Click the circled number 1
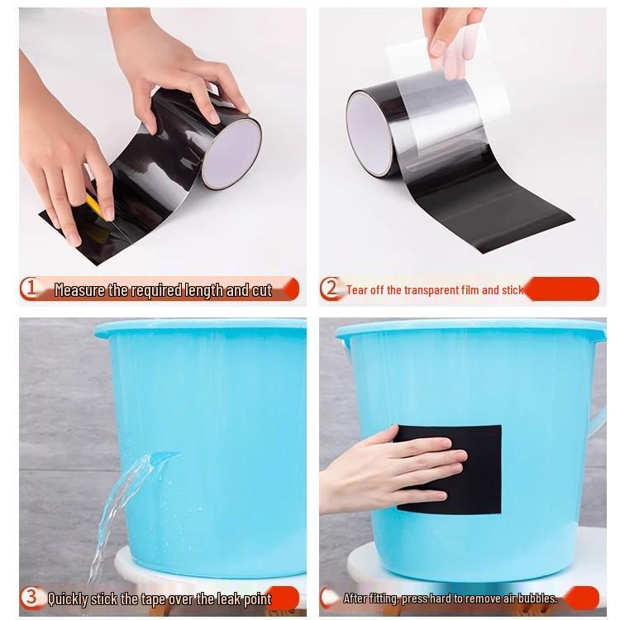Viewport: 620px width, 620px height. [x=30, y=289]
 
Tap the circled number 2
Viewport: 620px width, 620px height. [x=330, y=289]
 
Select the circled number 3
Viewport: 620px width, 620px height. [x=30, y=597]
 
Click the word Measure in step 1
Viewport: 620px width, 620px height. [x=79, y=290]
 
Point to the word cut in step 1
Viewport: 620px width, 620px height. [x=262, y=290]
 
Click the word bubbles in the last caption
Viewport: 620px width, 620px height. [x=537, y=598]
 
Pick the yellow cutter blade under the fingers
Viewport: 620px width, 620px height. [x=96, y=205]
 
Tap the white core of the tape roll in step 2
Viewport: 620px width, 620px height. [x=369, y=132]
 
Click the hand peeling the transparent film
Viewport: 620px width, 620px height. [x=453, y=40]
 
